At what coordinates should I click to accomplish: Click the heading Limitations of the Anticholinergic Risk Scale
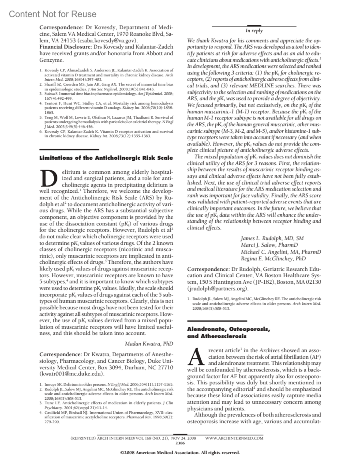tap(106, 158)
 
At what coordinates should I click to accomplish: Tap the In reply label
tap(254, 31)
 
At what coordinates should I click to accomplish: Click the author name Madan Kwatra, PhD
tap(149, 344)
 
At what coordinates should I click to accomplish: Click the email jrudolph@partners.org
tap(217, 289)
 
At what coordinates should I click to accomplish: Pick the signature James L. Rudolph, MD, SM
tap(272, 238)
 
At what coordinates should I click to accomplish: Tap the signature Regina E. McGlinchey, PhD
tap(273, 258)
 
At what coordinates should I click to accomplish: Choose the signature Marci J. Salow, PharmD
tap(269, 245)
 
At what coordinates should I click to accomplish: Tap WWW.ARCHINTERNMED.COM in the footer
tap(234, 438)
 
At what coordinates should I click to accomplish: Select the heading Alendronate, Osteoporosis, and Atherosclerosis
tap(228, 332)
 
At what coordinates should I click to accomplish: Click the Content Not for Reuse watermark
tap(53, 14)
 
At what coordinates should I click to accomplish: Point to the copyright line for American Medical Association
tap(180, 453)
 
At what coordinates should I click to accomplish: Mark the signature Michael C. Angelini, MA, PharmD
tap(281, 252)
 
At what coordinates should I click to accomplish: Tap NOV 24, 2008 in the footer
tap(184, 438)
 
